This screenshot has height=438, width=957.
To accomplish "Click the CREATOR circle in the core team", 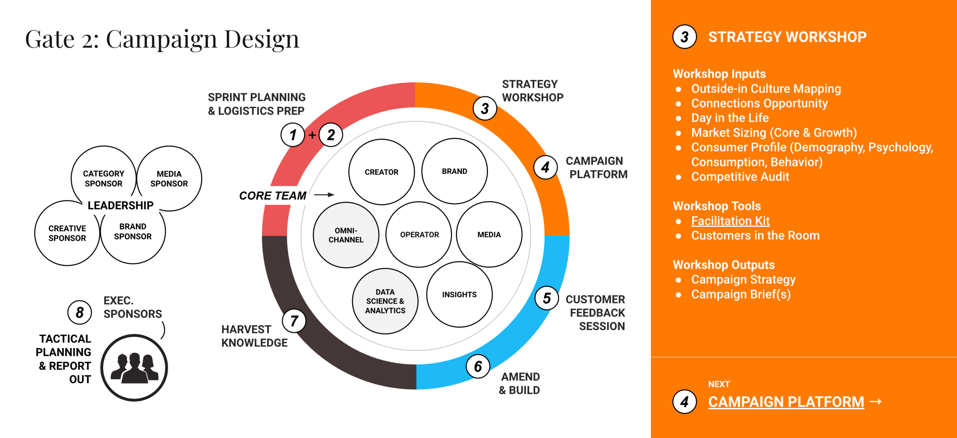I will click(x=382, y=172).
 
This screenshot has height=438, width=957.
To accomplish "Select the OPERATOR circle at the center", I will click(x=419, y=235).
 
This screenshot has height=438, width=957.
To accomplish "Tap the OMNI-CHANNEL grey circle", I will click(x=346, y=235).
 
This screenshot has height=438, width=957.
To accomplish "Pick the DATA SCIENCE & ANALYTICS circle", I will click(x=385, y=301).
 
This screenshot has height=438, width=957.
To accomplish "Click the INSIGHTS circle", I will click(x=459, y=295).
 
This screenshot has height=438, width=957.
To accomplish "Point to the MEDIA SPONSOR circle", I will click(x=169, y=179).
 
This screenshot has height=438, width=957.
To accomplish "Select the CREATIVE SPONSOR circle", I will click(x=67, y=233).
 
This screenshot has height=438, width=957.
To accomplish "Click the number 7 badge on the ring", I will click(x=294, y=321).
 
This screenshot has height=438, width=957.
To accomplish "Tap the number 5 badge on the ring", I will click(x=547, y=298).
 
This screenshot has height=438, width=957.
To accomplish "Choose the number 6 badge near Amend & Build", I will click(x=478, y=366).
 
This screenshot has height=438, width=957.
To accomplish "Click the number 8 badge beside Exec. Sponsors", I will click(x=80, y=313).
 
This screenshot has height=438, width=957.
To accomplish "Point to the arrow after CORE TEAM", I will click(x=324, y=195).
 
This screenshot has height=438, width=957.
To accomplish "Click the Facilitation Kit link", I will click(x=730, y=221).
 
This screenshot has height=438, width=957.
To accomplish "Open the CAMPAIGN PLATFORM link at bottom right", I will click(x=786, y=402).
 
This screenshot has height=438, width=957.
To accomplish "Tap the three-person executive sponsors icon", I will click(x=134, y=368).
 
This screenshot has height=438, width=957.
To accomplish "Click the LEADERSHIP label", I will click(x=120, y=206).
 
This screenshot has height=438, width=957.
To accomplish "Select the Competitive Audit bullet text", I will click(x=740, y=177).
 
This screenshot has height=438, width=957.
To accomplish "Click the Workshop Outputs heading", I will click(x=724, y=265).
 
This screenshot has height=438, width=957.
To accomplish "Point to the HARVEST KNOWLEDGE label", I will click(x=254, y=336).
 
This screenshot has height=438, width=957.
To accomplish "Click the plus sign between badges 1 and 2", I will click(x=312, y=135).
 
